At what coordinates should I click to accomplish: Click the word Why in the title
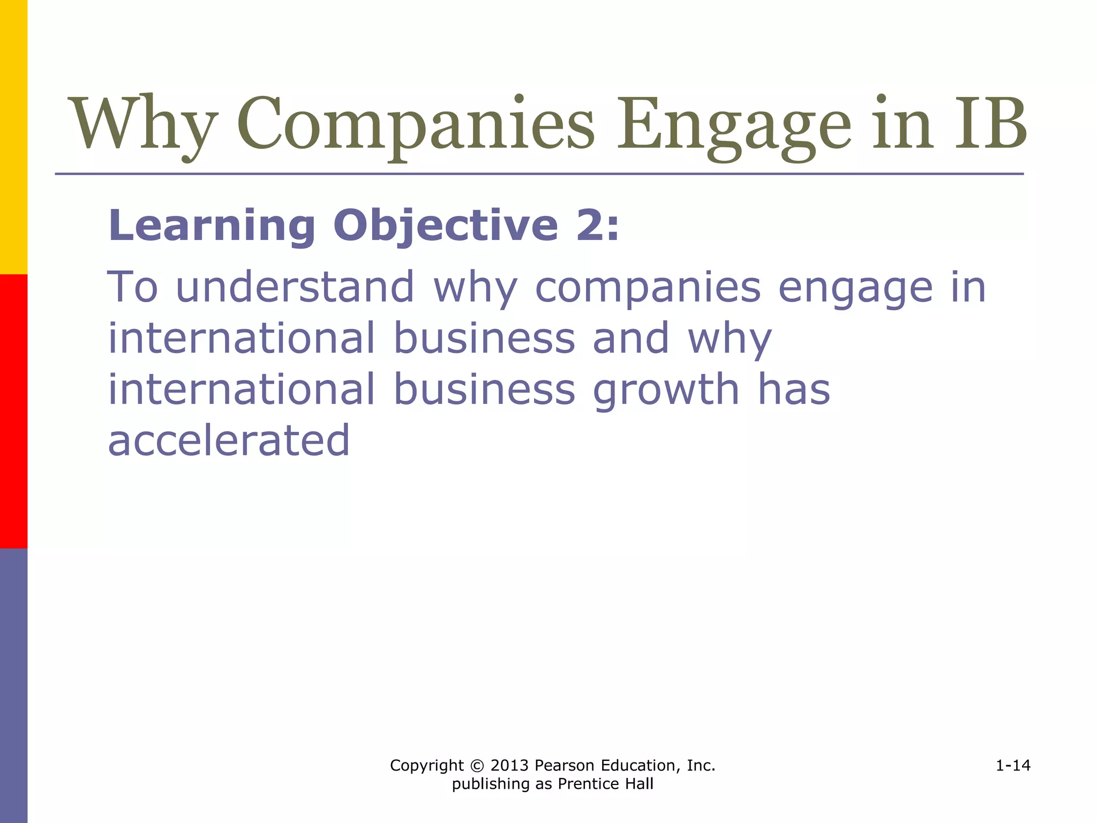pos(144,124)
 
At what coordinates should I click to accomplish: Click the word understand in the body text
pos(295,287)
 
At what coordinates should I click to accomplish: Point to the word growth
pos(666,390)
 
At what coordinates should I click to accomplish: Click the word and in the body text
pos(631,339)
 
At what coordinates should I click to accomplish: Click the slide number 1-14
pos(1013,766)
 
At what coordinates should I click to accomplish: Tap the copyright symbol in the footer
pos(477,766)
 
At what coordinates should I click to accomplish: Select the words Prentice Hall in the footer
pos(605,784)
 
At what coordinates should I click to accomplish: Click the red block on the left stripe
pos(13,411)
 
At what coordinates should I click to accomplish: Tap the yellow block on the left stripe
pos(13,137)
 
